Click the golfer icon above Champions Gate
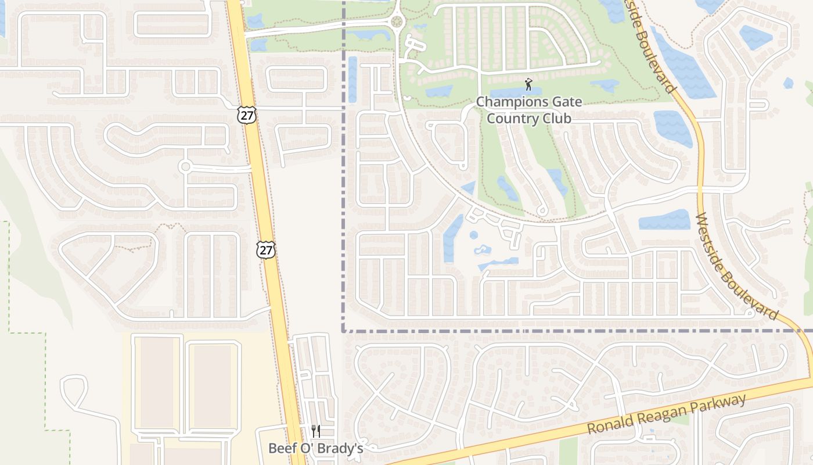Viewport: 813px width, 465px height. tap(528, 85)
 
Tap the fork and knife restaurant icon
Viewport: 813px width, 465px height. tap(316, 431)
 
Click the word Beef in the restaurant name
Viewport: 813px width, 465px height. tap(281, 448)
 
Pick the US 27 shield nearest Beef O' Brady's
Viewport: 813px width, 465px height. tap(265, 251)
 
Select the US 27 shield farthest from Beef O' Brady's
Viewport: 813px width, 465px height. tap(246, 115)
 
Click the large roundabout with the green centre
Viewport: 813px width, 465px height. tap(397, 23)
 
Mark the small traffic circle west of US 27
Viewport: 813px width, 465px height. tap(185, 167)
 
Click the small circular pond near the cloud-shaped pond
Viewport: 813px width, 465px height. tap(473, 235)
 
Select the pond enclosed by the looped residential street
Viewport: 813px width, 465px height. tap(352, 79)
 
